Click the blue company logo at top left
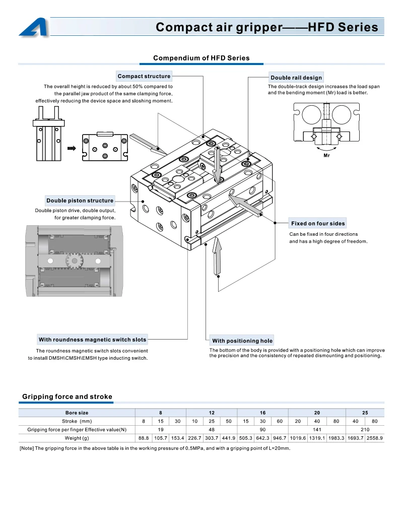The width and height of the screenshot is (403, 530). pos(34,27)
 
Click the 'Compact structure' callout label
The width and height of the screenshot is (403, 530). pos(144,76)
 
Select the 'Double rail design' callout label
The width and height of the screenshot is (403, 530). pos(296,78)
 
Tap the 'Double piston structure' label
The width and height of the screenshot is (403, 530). pos(80,201)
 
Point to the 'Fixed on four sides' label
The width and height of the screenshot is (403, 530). pos(318,223)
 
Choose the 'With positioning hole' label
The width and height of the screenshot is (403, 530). pos(242,341)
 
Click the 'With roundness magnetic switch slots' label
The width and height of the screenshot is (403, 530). pos(92,340)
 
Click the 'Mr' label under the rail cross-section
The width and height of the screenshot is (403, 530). pos(326,156)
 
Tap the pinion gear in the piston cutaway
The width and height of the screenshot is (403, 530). pos(74,260)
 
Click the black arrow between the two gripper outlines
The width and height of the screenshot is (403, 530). pos(72,148)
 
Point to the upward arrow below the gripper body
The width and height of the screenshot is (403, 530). pos(217,256)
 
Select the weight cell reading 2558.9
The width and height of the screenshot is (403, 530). pos(375,438)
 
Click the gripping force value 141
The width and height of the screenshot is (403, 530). pos(317,430)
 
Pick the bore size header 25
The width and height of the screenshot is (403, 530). pos(365,413)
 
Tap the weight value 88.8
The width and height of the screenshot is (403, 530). pos(144,438)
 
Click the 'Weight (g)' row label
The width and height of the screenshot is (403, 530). pos(77,438)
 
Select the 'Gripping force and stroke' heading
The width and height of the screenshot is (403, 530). pos(68,396)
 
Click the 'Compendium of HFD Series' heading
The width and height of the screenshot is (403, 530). pos(201,58)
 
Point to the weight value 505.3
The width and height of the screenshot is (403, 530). pos(246,438)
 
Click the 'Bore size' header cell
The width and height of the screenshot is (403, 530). pos(77,413)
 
